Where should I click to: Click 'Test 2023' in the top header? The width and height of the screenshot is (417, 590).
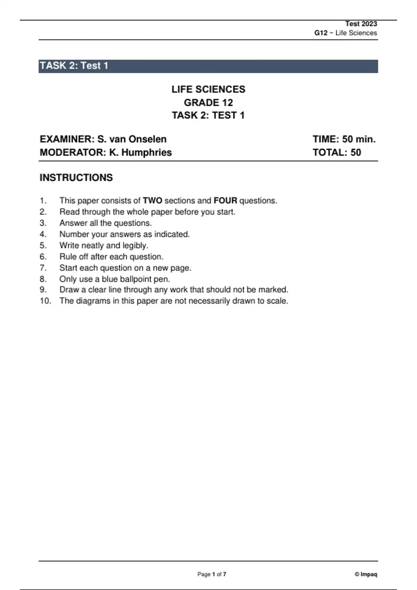[x=361, y=24]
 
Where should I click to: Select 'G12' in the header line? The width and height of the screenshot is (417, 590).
[x=321, y=33]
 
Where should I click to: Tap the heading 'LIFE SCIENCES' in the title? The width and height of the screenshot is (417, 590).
[x=208, y=90]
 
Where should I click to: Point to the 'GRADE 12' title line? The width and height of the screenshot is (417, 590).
[x=208, y=103]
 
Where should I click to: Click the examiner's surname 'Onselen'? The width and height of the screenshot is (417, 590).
[x=147, y=139]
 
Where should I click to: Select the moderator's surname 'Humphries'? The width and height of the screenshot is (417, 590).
[x=146, y=153]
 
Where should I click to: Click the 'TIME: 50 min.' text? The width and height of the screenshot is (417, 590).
[x=344, y=139]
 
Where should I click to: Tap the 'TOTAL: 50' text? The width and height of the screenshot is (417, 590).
[x=337, y=153]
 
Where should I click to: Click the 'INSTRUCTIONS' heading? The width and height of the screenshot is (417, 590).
[x=76, y=178]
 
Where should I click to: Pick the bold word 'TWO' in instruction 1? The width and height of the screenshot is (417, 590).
[x=153, y=201]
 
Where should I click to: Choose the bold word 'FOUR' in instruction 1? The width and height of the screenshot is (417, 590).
[x=225, y=201]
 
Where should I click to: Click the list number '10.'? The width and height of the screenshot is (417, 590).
[x=45, y=301]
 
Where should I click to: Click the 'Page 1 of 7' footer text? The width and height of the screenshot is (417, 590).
[x=212, y=574]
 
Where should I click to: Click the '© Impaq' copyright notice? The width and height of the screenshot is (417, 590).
[x=366, y=574]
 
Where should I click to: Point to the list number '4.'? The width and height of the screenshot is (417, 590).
[x=43, y=234]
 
